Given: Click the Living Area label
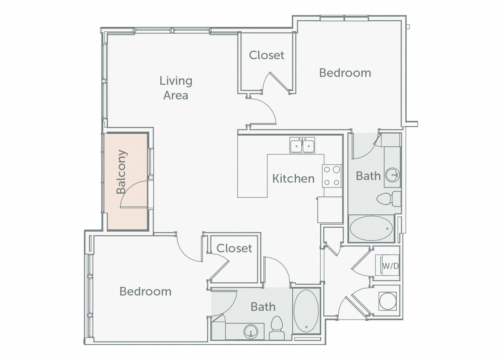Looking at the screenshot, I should click(x=176, y=88).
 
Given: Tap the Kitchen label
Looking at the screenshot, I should click(x=293, y=178).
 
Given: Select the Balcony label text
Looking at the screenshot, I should click(x=121, y=172).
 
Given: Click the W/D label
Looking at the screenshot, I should click(x=390, y=266).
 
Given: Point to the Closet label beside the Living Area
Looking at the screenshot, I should click(x=267, y=55).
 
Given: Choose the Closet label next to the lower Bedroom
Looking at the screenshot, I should click(x=234, y=248).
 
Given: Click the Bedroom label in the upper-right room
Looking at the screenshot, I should click(x=345, y=73).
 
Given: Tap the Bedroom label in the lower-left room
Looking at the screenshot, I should click(x=145, y=291).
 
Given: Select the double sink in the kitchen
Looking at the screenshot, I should click(x=302, y=145).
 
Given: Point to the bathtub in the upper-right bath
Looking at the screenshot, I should click(x=371, y=228).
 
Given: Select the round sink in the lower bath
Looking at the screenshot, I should click(x=250, y=331).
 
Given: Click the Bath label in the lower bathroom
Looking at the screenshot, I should click(x=263, y=307).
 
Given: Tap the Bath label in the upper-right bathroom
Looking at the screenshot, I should click(x=368, y=176).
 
